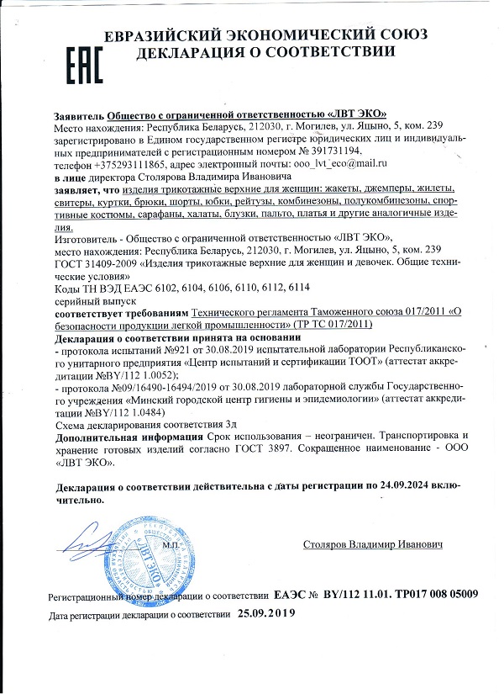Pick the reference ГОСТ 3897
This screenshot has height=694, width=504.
coord(259,451)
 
